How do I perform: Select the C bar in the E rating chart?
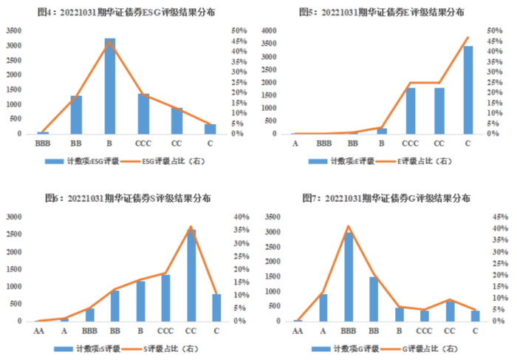[468, 89]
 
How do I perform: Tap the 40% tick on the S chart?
[242, 217]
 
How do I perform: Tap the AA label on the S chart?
[38, 331]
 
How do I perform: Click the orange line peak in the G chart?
[348, 226]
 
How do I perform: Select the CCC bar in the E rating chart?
[410, 111]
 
